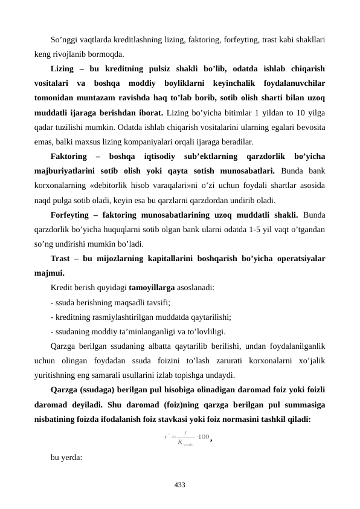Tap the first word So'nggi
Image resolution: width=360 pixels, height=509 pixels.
[x=65, y=42]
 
